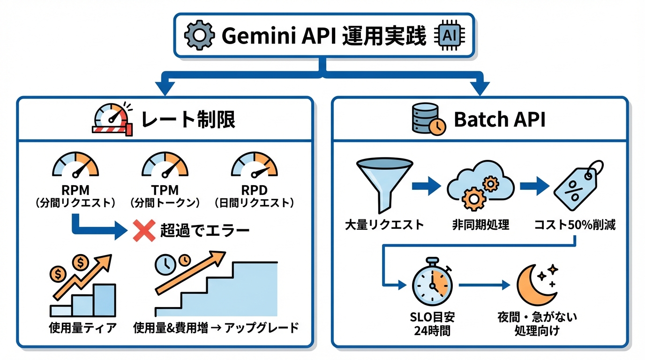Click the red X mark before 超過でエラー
coord(144,231)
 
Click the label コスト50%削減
coord(575,225)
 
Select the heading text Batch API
coord(499,120)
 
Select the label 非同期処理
coord(480,225)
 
